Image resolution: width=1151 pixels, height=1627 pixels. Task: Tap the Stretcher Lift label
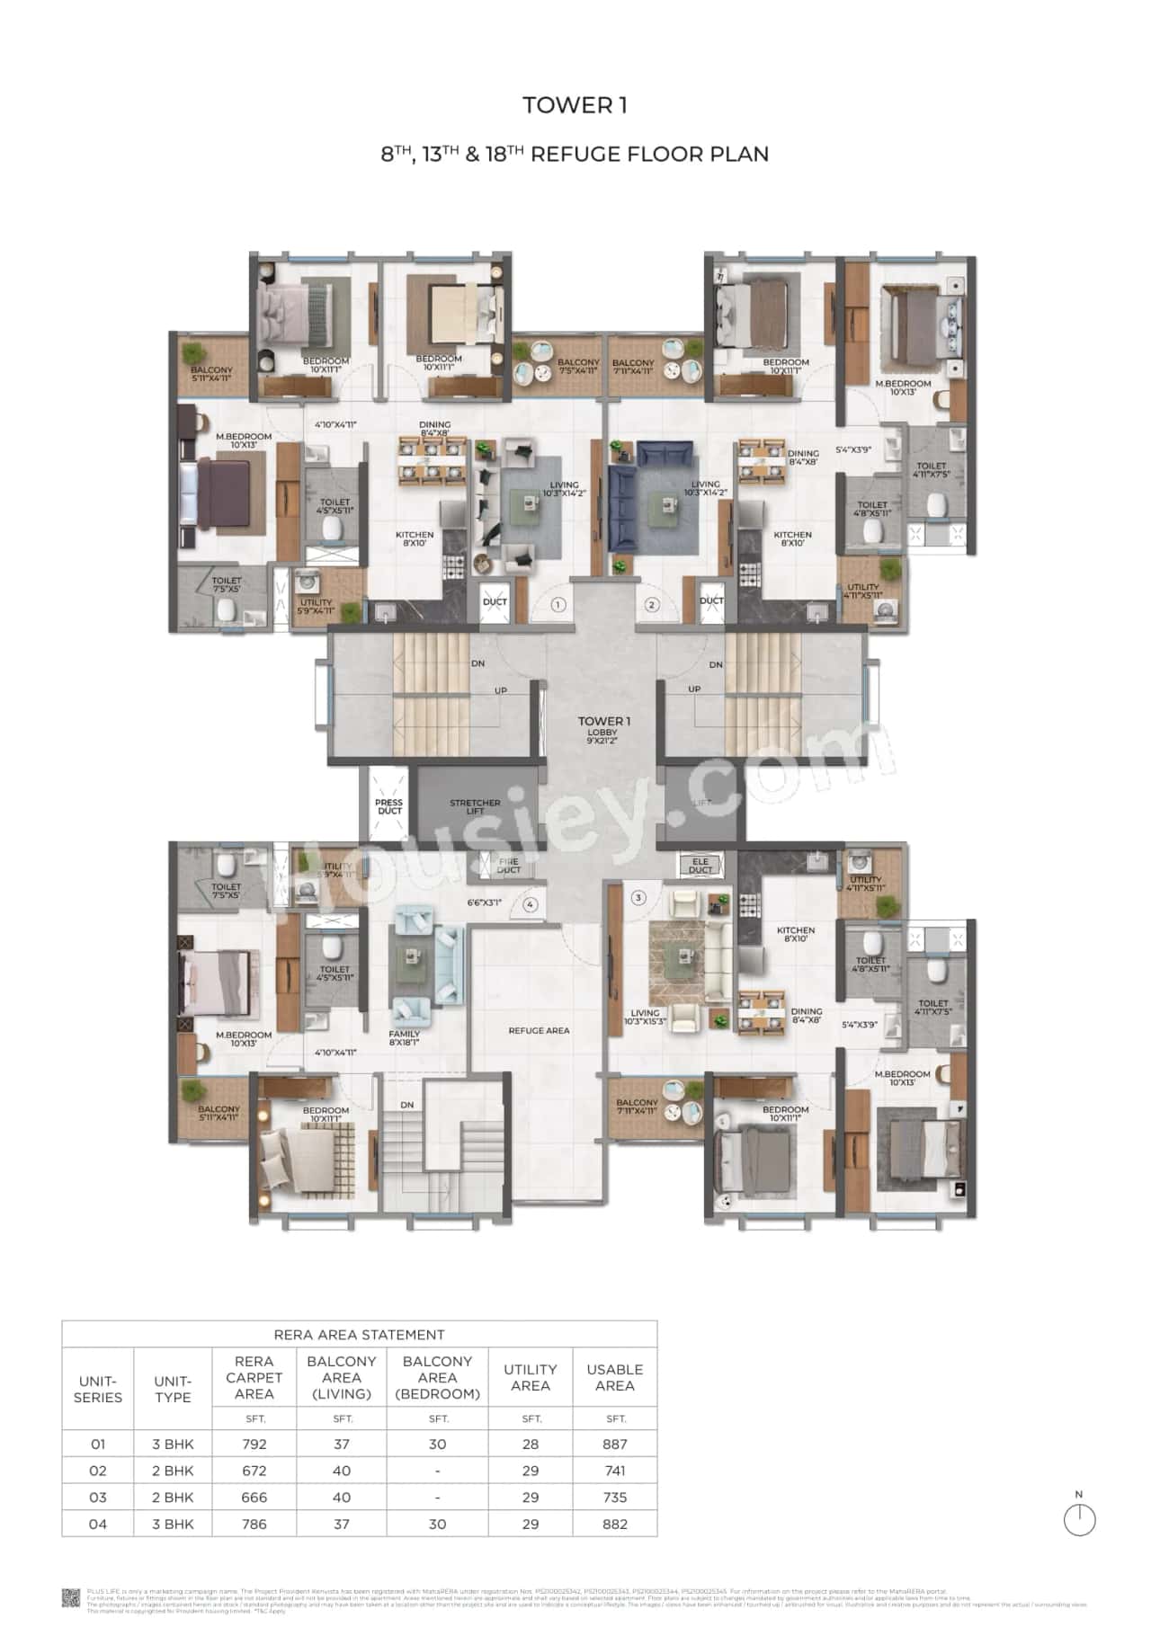pos(475,806)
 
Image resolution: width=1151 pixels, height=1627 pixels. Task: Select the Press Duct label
pos(389,806)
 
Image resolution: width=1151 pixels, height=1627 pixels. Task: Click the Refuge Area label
pos(539,1030)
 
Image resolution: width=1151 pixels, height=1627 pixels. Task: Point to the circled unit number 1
pos(558,605)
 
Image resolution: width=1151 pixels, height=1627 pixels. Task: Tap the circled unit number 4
pos(531,904)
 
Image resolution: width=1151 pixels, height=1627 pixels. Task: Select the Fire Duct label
pos(508,866)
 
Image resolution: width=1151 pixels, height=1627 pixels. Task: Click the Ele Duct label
pos(700,866)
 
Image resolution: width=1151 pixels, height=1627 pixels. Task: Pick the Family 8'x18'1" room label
pos(405,1038)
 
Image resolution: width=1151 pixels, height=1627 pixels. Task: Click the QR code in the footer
pos(72,1597)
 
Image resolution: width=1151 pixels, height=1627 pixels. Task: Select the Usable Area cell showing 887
pos(615,1444)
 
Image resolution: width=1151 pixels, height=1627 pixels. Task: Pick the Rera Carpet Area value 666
pos(254,1497)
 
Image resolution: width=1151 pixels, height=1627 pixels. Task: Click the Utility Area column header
pos(530,1377)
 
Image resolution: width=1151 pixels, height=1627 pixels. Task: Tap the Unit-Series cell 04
pos(98,1524)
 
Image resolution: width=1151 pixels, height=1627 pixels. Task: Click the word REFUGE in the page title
pos(572,154)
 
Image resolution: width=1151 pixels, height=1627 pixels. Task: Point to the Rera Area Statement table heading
pos(359,1334)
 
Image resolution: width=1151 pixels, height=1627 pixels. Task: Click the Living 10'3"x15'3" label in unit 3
pos(646,1018)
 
